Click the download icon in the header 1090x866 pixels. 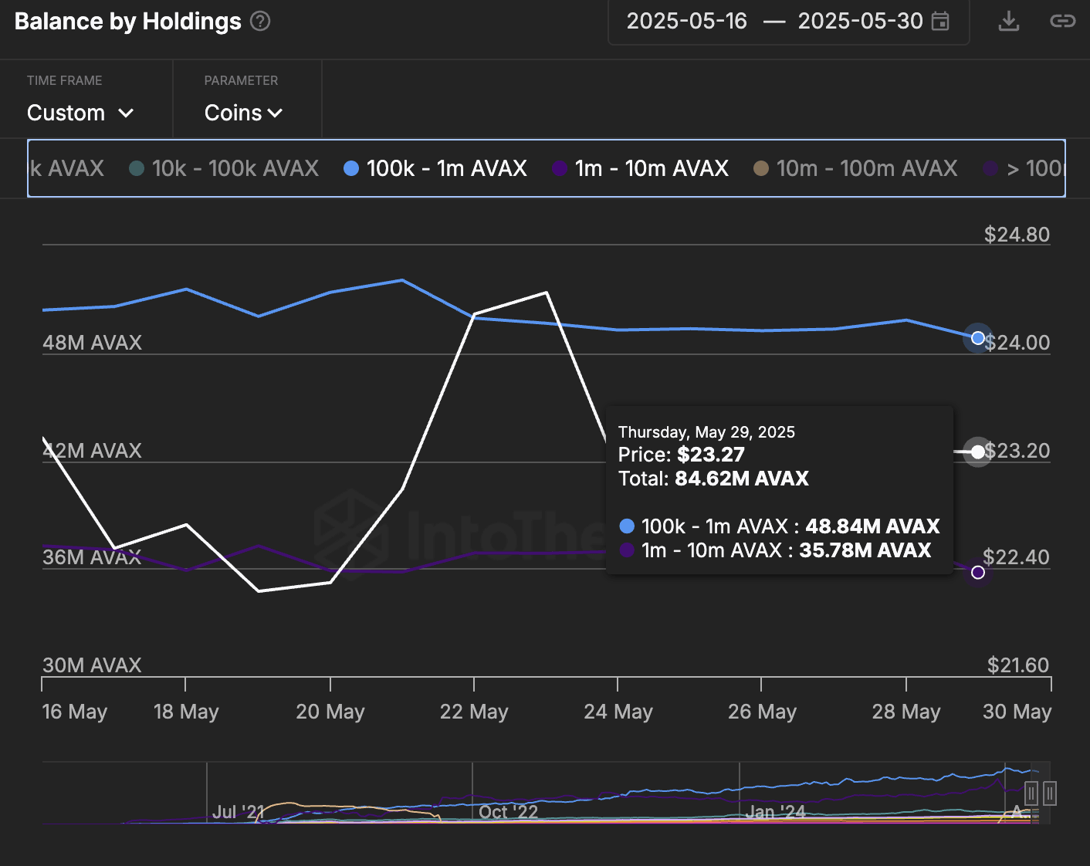click(x=1008, y=22)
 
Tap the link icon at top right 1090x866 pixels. click(x=1062, y=22)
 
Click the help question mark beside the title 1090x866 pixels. click(x=261, y=22)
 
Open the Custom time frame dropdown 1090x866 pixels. click(x=80, y=113)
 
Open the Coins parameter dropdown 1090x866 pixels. click(x=243, y=113)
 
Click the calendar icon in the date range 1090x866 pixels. click(x=940, y=22)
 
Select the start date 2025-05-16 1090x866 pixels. click(x=686, y=22)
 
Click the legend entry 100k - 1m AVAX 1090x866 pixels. click(x=435, y=168)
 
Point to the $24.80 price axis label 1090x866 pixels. click(x=1017, y=235)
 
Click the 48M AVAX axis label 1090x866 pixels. click(x=93, y=343)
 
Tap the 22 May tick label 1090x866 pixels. click(x=474, y=712)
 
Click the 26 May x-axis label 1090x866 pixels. click(x=762, y=712)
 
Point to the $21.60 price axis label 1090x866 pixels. click(x=1018, y=665)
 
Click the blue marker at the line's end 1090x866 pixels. click(x=978, y=338)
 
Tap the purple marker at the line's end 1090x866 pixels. click(x=978, y=572)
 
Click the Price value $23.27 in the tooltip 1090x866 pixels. click(x=710, y=455)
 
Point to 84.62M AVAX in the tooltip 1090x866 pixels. click(x=741, y=479)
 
